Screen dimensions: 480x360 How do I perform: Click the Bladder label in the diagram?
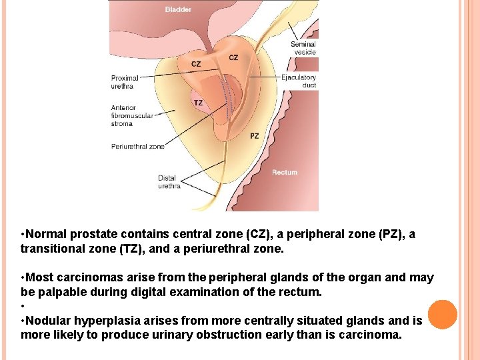pyautogui.click(x=178, y=9)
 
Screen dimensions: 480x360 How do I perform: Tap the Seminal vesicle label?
pyautogui.click(x=303, y=48)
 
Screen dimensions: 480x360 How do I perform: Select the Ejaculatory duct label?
pyautogui.click(x=299, y=81)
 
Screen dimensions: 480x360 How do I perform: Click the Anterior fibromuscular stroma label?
pyautogui.click(x=131, y=115)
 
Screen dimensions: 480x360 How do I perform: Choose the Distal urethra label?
pyautogui.click(x=169, y=182)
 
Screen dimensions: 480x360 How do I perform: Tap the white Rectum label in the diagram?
pyautogui.click(x=285, y=172)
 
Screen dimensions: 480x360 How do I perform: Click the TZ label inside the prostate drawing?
pyautogui.click(x=199, y=103)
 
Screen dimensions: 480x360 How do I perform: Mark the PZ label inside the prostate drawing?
pyautogui.click(x=255, y=135)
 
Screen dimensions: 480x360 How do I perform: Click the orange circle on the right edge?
pyautogui.click(x=443, y=315)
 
